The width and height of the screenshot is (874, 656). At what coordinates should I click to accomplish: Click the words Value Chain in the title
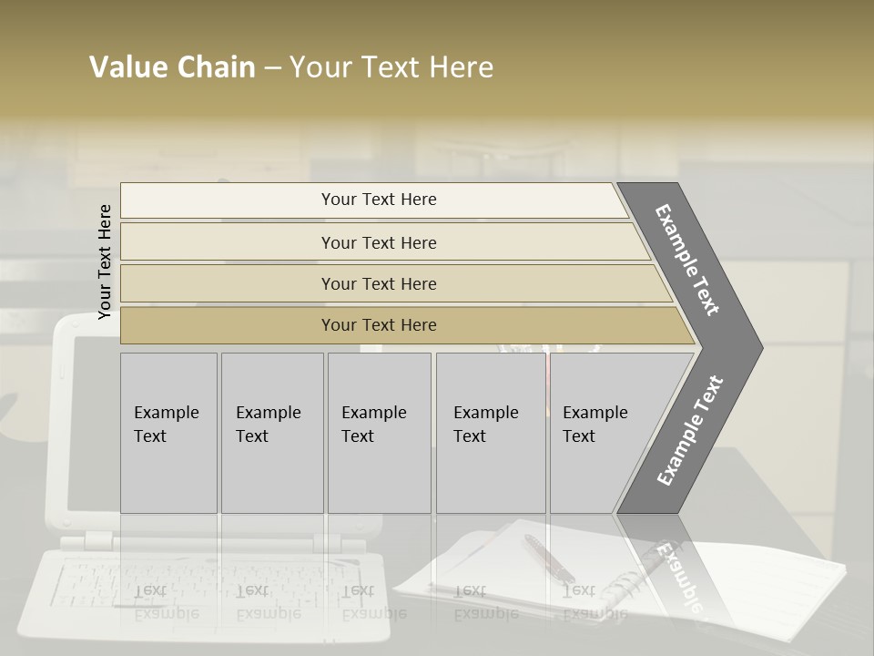pyautogui.click(x=172, y=67)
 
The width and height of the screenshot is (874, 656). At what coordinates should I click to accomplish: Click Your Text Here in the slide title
pyautogui.click(x=391, y=67)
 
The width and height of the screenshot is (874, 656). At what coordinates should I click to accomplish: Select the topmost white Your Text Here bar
pyautogui.click(x=379, y=200)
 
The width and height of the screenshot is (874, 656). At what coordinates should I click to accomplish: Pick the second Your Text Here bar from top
pyautogui.click(x=379, y=242)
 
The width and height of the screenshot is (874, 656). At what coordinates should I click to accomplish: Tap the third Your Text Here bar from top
pyautogui.click(x=379, y=283)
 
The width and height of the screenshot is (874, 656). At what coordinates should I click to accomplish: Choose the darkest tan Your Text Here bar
pyautogui.click(x=379, y=325)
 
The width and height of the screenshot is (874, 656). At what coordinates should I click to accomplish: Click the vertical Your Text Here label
pyautogui.click(x=105, y=261)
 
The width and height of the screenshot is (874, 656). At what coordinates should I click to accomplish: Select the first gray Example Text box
pyautogui.click(x=168, y=433)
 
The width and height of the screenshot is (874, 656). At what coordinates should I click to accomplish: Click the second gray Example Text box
pyautogui.click(x=271, y=433)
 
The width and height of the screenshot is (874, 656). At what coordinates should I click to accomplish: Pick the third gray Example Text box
pyautogui.click(x=378, y=433)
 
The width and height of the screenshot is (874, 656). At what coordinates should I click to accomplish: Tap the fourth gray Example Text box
pyautogui.click(x=490, y=433)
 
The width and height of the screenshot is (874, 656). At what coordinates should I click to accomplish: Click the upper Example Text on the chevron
pyautogui.click(x=688, y=260)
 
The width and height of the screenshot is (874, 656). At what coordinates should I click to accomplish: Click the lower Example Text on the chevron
pyautogui.click(x=689, y=431)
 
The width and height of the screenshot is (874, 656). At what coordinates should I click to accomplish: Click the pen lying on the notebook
pyautogui.click(x=548, y=557)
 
